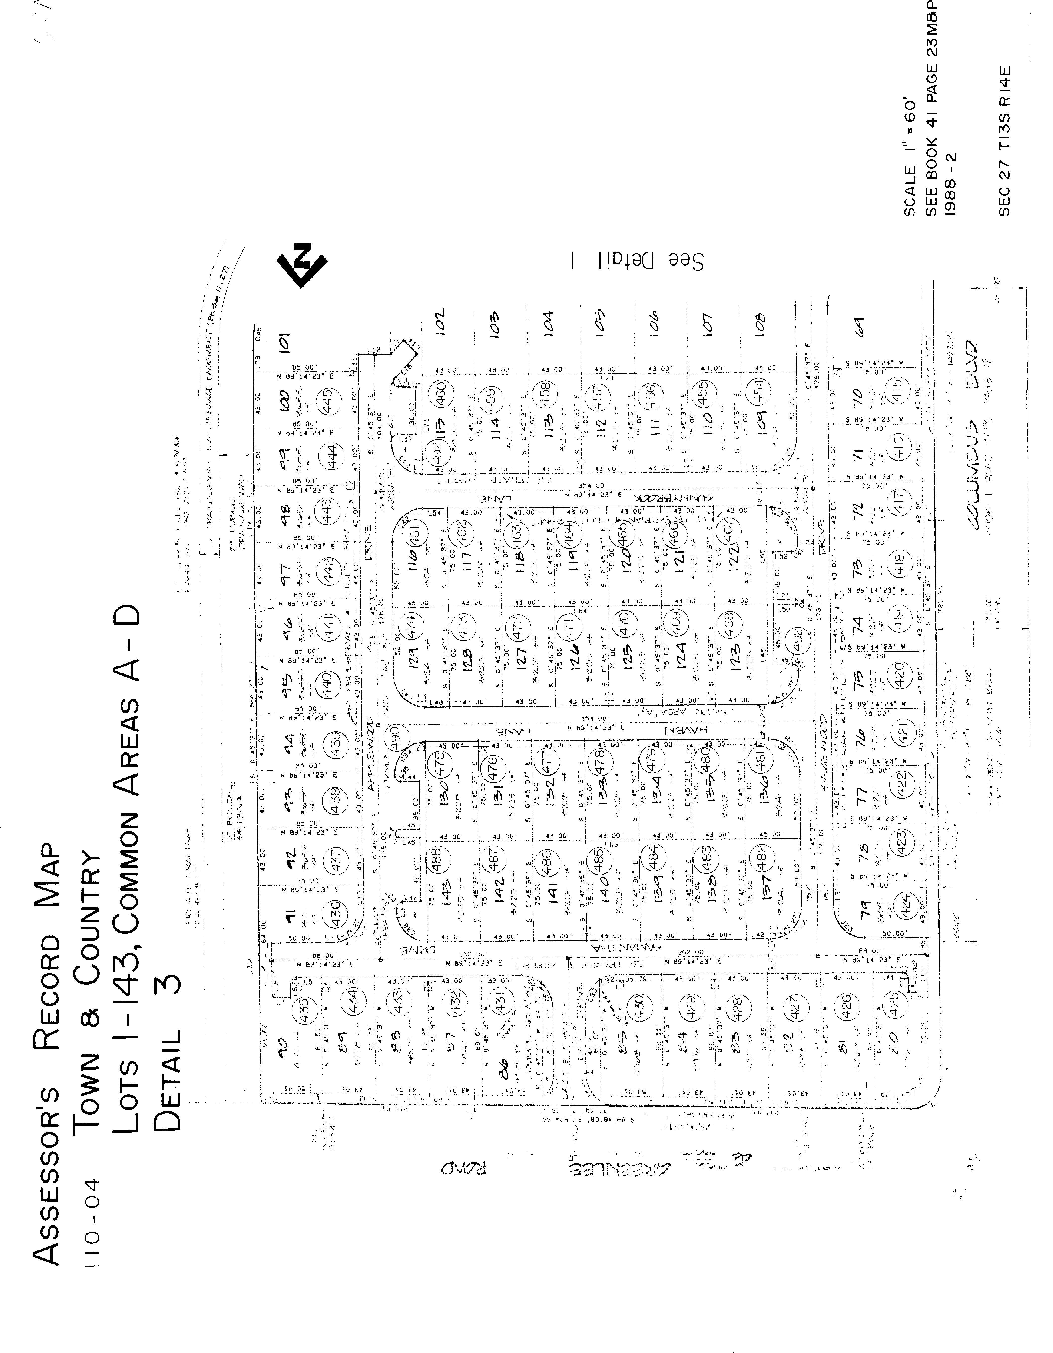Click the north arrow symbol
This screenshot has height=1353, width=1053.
tap(302, 265)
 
